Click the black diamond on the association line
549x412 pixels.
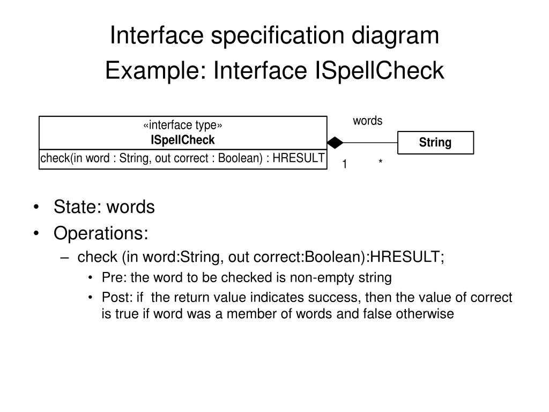click(x=335, y=143)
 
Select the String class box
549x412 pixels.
click(x=435, y=143)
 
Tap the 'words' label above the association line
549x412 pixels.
click(x=367, y=121)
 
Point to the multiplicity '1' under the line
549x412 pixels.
click(x=345, y=164)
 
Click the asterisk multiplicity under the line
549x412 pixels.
click(x=380, y=163)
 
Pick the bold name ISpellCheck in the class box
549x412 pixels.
click(x=183, y=140)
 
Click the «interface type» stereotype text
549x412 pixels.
click(x=183, y=126)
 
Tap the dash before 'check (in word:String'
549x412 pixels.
click(x=65, y=258)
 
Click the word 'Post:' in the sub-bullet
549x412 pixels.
click(x=116, y=298)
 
